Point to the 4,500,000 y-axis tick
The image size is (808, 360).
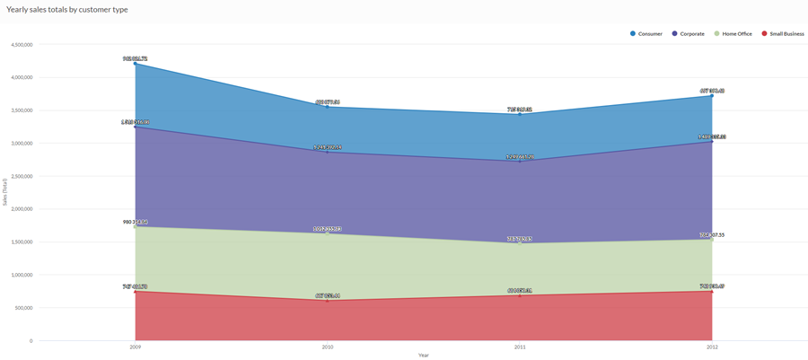click(21, 44)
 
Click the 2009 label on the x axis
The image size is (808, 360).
click(136, 347)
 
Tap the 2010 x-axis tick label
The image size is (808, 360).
click(328, 347)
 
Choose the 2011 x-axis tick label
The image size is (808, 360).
click(520, 347)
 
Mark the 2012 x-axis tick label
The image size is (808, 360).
click(712, 347)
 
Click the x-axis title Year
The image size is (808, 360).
click(423, 355)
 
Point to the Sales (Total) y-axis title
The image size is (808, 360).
click(5, 191)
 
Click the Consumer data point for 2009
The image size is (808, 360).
click(136, 64)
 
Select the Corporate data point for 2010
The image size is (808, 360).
click(328, 152)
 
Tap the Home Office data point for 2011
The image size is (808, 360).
click(520, 243)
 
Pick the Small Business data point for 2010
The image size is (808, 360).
click(328, 300)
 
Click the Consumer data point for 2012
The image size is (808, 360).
click(712, 96)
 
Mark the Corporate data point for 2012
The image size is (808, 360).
click(712, 142)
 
